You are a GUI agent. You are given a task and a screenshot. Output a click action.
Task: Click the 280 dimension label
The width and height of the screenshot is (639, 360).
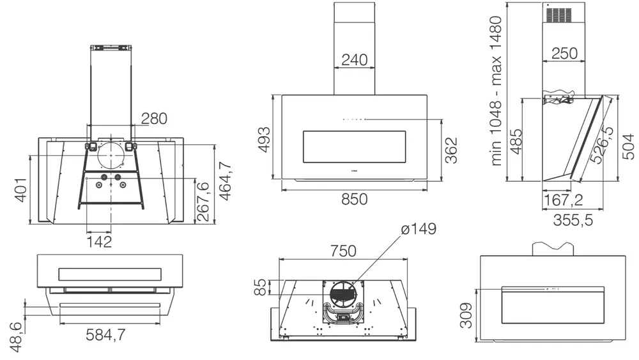tap(154, 118)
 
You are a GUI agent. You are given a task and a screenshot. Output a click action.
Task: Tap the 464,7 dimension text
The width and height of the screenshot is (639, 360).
tap(224, 183)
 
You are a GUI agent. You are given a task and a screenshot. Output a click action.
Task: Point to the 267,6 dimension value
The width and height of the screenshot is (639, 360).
tap(203, 201)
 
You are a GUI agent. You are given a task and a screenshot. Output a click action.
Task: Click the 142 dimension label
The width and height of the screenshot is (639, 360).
tap(99, 242)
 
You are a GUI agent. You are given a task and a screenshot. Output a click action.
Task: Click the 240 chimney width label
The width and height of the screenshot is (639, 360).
tap(354, 59)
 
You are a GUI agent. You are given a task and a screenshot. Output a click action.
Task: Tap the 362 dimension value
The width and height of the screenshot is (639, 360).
tap(451, 150)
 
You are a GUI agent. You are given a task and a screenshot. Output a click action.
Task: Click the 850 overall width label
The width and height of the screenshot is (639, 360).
tap(354, 199)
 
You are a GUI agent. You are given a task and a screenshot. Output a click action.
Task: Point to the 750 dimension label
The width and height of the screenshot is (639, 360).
tap(343, 251)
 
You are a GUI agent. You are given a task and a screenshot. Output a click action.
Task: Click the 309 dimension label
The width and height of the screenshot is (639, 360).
tap(468, 315)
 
